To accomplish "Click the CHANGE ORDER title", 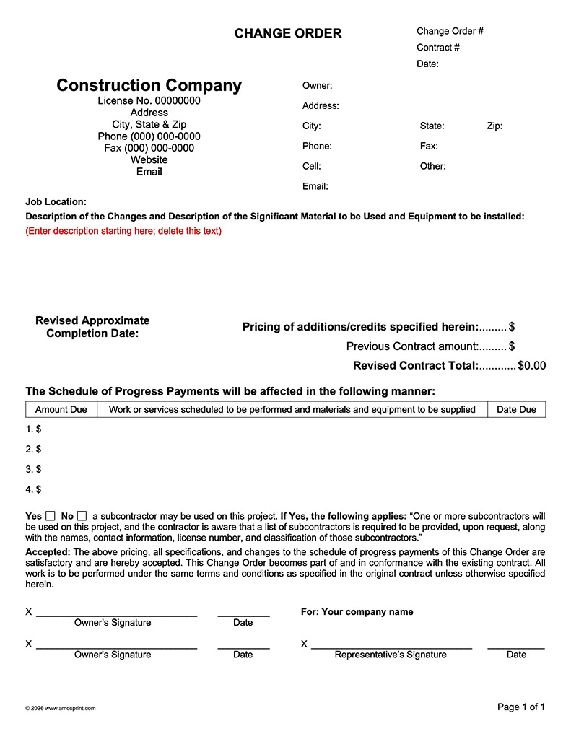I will pos(288,33).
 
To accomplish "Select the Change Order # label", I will pos(450,31).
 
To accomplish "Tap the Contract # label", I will pos(438,48).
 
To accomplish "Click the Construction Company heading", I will pos(149,85).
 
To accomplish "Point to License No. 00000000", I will pos(149,101).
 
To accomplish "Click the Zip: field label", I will pos(494,126).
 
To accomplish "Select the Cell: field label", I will pos(312,166).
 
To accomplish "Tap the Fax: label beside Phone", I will pos(429,146).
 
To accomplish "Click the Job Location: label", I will pos(56,202).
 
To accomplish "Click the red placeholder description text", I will pos(123,231).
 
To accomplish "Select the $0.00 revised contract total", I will pos(531,366).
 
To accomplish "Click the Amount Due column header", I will pos(61,409).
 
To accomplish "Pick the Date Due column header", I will pos(516,409).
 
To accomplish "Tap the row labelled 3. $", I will pos(33,469).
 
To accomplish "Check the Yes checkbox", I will pos(51,516).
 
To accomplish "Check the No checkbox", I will pos(82,516).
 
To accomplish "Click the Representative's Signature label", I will pos(390,655).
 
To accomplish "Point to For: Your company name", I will pos(357,612).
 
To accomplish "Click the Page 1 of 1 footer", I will pos(521,707).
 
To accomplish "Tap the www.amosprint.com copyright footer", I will pos(60,708).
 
